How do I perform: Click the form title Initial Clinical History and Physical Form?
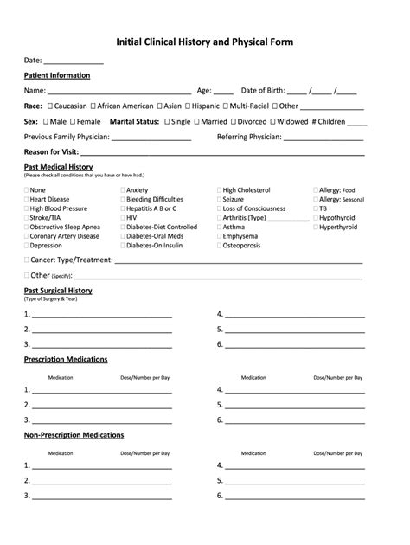click(x=205, y=42)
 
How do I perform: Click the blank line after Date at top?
click(x=74, y=63)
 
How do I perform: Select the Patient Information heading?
click(x=57, y=75)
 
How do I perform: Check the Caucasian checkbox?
click(x=50, y=106)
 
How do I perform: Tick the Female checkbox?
click(x=73, y=122)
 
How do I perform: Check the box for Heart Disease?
click(x=27, y=200)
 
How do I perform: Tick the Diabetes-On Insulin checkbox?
click(x=123, y=246)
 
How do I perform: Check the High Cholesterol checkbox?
click(x=220, y=190)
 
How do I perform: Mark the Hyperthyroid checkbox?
click(x=316, y=228)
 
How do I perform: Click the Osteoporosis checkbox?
click(x=220, y=246)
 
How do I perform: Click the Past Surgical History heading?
click(x=58, y=291)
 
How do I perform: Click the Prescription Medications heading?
click(x=66, y=359)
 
